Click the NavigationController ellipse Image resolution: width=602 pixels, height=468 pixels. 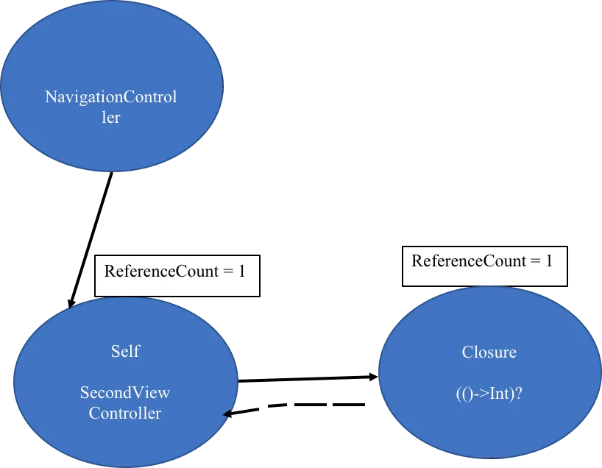tap(112, 86)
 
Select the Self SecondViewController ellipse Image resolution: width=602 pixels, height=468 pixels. tap(126, 382)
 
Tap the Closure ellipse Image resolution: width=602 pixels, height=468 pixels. tap(490, 372)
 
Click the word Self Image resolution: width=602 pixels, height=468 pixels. tap(126, 351)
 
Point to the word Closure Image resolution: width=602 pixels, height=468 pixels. tap(489, 352)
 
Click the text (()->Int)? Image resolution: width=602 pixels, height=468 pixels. tap(489, 394)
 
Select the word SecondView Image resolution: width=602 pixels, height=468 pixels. tap(125, 392)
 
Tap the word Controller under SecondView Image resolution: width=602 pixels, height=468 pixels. tap(125, 413)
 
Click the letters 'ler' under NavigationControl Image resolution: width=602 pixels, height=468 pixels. tap(111, 118)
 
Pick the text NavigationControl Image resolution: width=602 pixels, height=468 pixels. tap(111, 96)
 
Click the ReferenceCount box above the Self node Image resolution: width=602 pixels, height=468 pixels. tap(177, 276)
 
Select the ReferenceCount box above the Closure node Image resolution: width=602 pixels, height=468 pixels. tap(485, 266)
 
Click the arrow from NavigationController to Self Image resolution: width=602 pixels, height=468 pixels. tap(91, 241)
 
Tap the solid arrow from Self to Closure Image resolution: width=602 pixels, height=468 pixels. tap(308, 379)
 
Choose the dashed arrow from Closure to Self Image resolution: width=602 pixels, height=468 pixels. tap(294, 406)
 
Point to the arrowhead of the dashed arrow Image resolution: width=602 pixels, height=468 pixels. tap(227, 414)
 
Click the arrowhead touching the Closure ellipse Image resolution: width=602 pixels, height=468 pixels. tap(374, 377)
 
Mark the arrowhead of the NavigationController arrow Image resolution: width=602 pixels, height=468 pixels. tap(70, 303)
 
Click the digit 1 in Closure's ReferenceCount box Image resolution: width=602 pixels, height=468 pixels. tap(548, 261)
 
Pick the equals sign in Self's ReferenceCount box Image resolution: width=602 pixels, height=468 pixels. tap(228, 272)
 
